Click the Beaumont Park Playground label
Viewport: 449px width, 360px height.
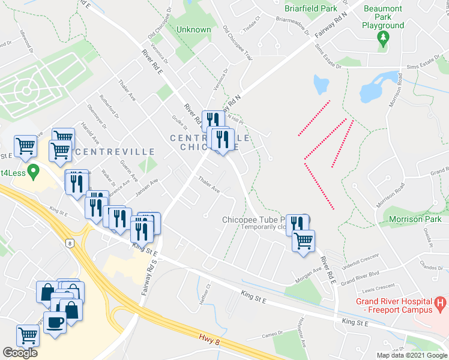[x=382, y=17]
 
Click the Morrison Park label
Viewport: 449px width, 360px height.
[x=415, y=219]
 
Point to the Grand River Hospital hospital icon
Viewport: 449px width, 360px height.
[x=439, y=302]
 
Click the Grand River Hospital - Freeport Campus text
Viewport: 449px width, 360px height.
[x=394, y=305]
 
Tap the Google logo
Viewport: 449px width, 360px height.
[x=20, y=353]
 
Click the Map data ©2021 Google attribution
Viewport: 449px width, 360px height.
[x=411, y=355]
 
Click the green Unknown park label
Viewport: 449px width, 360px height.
[x=194, y=29]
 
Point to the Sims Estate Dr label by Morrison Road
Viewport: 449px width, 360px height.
[x=424, y=68]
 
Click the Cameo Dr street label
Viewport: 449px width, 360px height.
[x=273, y=335]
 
